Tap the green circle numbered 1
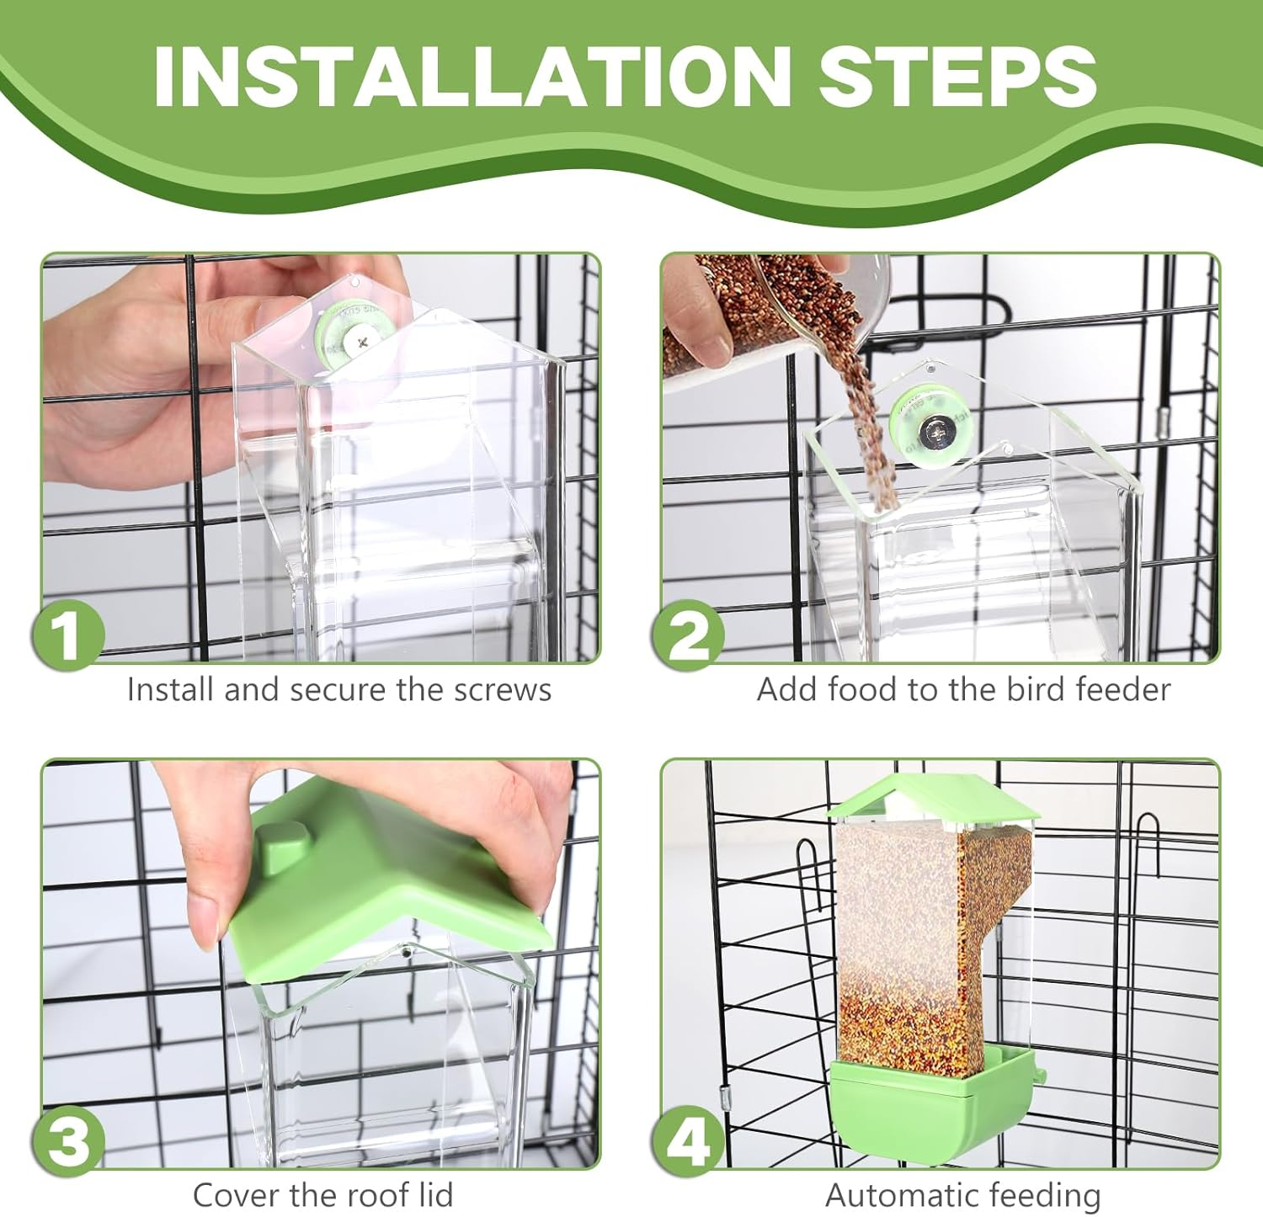[x=67, y=635]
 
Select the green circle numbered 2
[x=688, y=635]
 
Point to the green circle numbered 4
[x=688, y=1142]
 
